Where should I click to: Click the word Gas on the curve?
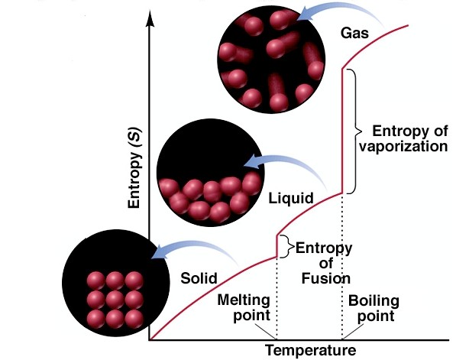pyautogui.click(x=354, y=33)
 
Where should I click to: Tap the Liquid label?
pyautogui.click(x=291, y=199)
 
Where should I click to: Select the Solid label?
pyautogui.click(x=199, y=278)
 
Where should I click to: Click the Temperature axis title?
pyautogui.click(x=311, y=350)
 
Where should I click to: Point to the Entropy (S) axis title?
pyautogui.click(x=134, y=167)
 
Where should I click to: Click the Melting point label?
pyautogui.click(x=244, y=308)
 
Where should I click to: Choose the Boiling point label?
pyautogui.click(x=374, y=308)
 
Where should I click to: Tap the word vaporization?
pyautogui.click(x=403, y=146)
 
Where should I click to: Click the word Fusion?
pyautogui.click(x=325, y=278)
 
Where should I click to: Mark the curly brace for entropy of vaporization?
pyautogui.click(x=355, y=131)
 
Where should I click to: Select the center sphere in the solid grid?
pyautogui.click(x=115, y=300)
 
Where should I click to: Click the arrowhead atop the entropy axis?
pyautogui.click(x=150, y=18)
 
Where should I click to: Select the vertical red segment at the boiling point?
pyautogui.click(x=342, y=131)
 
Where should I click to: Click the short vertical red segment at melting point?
pyautogui.click(x=277, y=246)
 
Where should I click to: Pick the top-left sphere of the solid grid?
pyautogui.click(x=95, y=281)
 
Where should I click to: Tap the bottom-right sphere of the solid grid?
pyautogui.click(x=134, y=319)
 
